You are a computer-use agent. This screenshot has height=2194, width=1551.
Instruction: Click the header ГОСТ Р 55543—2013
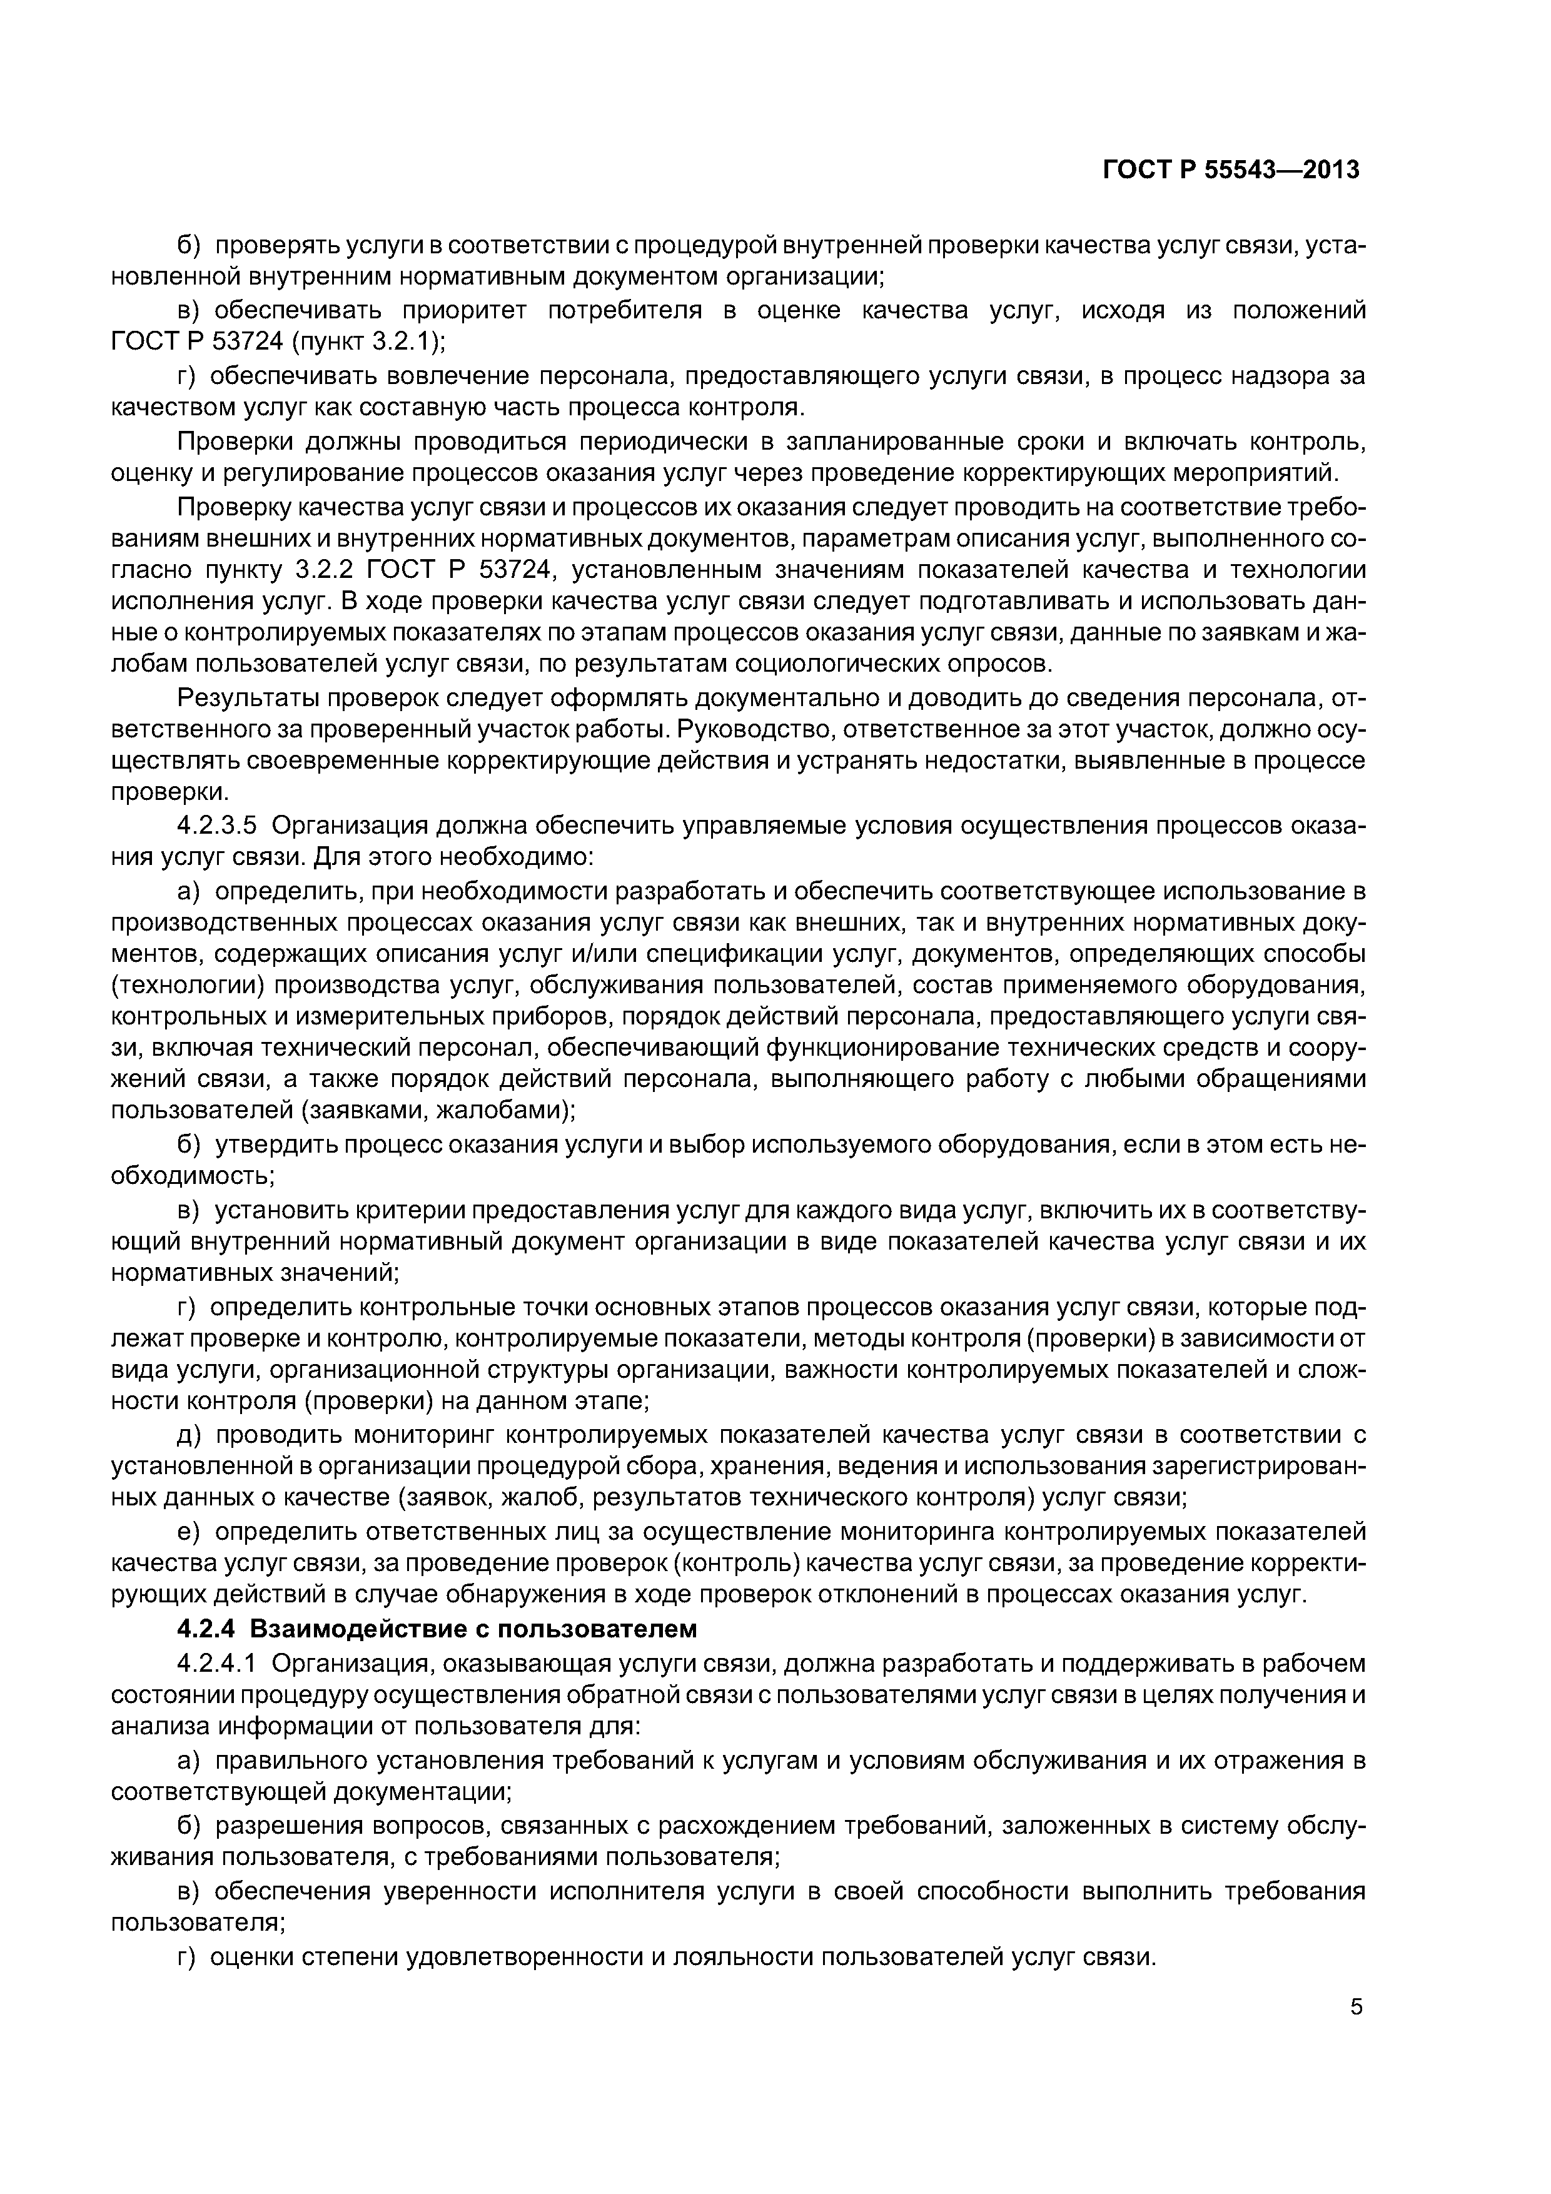(x=1231, y=170)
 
